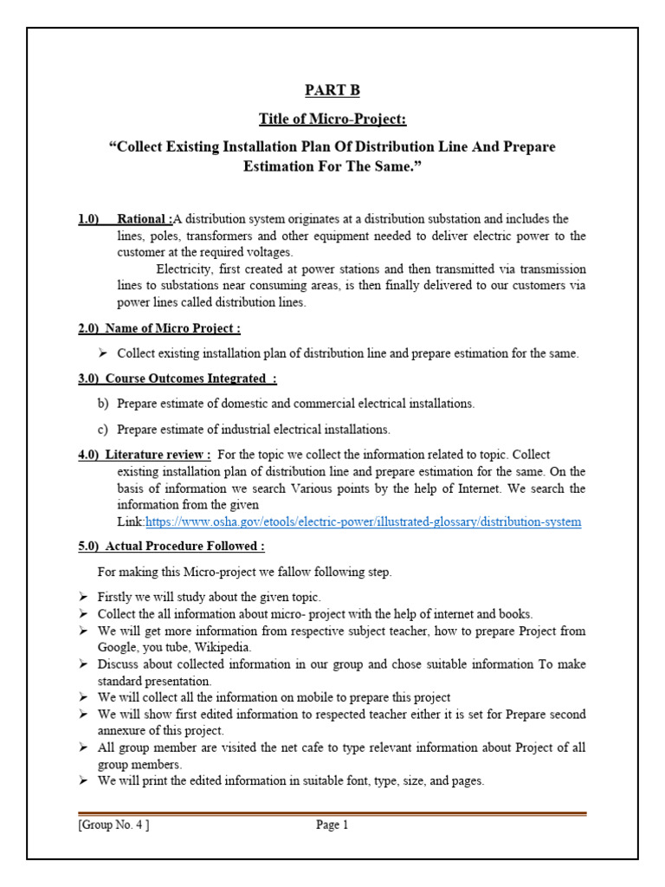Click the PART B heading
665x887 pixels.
pyautogui.click(x=332, y=90)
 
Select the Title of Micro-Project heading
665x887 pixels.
pyautogui.click(x=332, y=119)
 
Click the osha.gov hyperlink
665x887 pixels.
pyautogui.click(x=363, y=521)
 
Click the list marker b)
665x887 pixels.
pyautogui.click(x=102, y=404)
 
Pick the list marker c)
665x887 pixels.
pyautogui.click(x=102, y=429)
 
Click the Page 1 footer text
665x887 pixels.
pyautogui.click(x=332, y=825)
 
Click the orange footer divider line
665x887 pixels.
pyautogui.click(x=332, y=813)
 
